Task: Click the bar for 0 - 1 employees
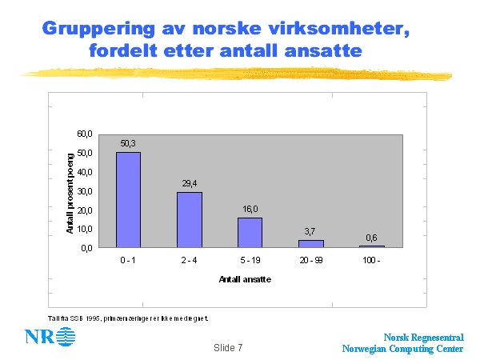129,200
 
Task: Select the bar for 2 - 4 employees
190,219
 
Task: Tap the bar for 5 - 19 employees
250,232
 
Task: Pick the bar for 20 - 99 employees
310,243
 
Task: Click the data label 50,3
129,144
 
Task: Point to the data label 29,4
190,184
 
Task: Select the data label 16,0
250,210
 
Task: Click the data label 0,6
371,238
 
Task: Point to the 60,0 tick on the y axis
85,134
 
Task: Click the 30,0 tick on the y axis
85,190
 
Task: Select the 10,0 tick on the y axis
85,229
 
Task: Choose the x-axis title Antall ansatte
244,279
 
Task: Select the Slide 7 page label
228,349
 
